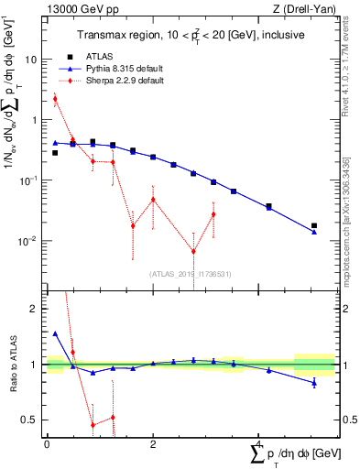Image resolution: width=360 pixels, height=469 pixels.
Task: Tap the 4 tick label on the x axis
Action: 258,444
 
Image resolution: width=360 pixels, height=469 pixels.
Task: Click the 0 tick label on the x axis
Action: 47,444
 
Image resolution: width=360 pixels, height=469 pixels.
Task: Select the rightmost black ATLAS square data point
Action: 314,225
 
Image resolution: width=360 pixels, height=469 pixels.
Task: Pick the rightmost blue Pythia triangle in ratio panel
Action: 314,382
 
